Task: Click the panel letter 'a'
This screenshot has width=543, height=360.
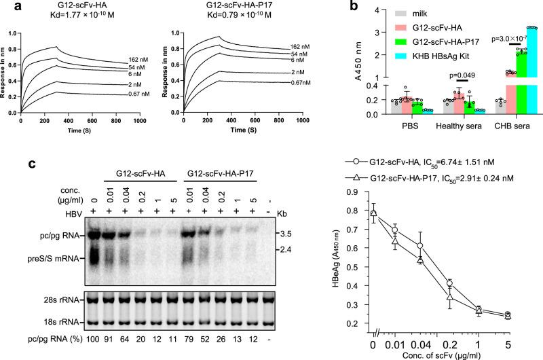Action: click(x=7, y=7)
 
